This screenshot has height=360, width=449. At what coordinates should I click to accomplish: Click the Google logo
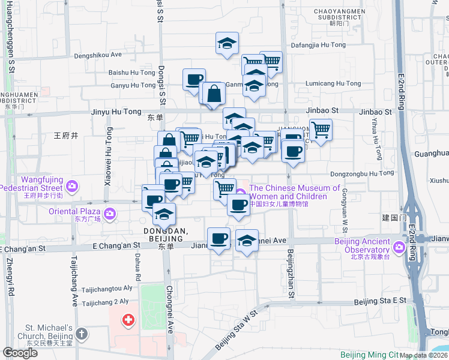pyautogui.click(x=20, y=353)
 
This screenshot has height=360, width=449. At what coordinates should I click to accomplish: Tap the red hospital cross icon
pyautogui.click(x=128, y=320)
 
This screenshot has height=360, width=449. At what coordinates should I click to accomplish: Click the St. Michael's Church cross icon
pyautogui.click(x=82, y=332)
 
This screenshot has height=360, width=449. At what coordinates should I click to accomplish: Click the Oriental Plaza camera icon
pyautogui.click(x=110, y=213)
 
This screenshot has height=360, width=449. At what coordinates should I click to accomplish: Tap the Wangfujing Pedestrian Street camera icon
pyautogui.click(x=72, y=185)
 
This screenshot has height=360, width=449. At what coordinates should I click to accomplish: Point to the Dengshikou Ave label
pyautogui.click(x=98, y=55)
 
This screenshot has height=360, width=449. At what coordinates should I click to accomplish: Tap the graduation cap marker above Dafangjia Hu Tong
pyautogui.click(x=228, y=43)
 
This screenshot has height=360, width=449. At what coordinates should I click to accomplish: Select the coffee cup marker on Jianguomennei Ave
pyautogui.click(x=218, y=239)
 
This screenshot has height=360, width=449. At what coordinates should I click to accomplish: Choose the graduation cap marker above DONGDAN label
pyautogui.click(x=163, y=214)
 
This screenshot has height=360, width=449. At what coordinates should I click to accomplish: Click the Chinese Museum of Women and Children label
pyautogui.click(x=288, y=193)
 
